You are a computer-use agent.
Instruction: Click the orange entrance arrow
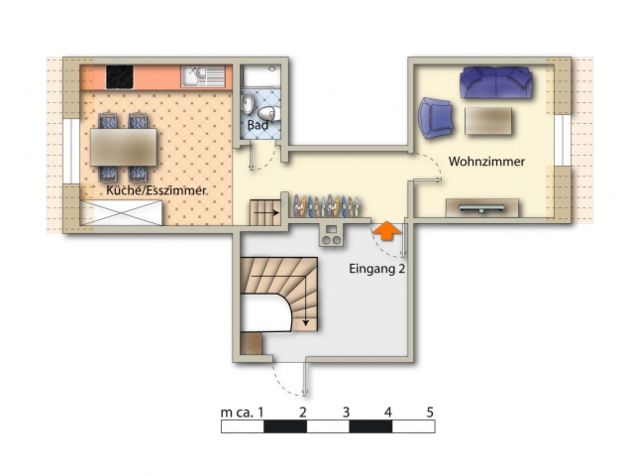click(x=387, y=231)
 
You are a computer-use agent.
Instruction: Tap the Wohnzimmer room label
click(x=487, y=161)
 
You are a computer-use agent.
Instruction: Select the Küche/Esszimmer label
click(x=156, y=190)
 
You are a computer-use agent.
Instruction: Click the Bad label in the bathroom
click(x=258, y=125)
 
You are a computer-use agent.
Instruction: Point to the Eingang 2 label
click(x=377, y=269)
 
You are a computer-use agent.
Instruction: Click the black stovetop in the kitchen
click(x=119, y=77)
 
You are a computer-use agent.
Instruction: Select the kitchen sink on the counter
click(x=203, y=76)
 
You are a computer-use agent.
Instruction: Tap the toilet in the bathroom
click(x=269, y=114)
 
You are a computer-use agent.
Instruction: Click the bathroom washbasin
click(x=247, y=102)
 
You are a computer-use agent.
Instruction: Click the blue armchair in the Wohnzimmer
click(x=435, y=118)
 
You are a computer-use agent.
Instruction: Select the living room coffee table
click(x=488, y=121)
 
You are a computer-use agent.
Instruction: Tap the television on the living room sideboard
click(x=482, y=207)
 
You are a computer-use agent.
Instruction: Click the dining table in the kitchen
click(x=124, y=147)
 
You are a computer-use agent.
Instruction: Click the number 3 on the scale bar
click(x=346, y=412)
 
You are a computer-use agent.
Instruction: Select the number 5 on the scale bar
click(x=430, y=412)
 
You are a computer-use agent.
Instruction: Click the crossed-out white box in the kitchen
click(x=121, y=213)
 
